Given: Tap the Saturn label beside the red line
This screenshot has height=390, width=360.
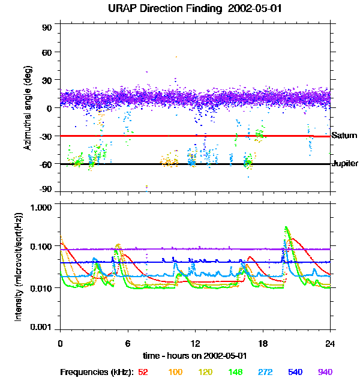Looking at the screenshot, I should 344,136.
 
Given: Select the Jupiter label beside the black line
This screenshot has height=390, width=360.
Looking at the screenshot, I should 345,163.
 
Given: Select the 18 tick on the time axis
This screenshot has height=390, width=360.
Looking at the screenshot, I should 263,343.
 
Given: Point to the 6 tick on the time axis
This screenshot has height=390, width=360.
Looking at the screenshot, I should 128,343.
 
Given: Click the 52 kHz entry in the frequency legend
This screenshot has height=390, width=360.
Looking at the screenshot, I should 143,372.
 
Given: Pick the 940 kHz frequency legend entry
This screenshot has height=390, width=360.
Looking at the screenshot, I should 325,372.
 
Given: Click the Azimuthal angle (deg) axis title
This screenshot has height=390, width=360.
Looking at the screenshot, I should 27,108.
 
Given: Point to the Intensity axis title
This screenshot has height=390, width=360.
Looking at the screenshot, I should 19,266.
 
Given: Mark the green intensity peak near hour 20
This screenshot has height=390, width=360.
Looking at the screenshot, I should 286,227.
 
